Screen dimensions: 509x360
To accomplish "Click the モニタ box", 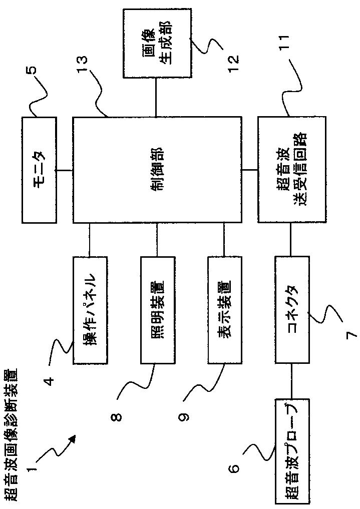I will pos(39,170).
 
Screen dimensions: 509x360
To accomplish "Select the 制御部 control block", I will pos(157,170).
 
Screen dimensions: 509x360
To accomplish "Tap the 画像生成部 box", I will pos(156,43).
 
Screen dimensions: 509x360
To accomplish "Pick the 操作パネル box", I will pos(90,310).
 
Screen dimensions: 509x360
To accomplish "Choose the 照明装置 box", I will pos(157,310).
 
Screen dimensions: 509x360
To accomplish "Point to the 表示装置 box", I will pos(224,310).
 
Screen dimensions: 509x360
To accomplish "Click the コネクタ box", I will pos(292,310).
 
